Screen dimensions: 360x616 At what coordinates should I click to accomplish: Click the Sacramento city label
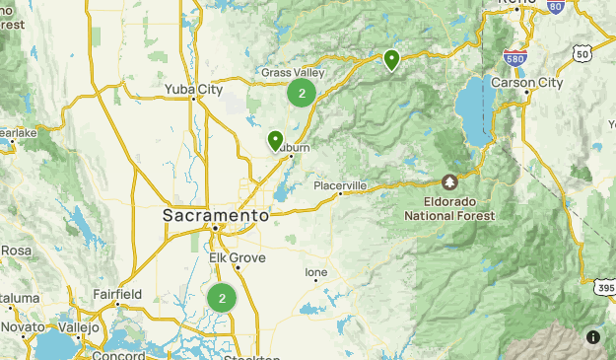(216, 215)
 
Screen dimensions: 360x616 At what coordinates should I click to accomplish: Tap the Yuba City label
(193, 90)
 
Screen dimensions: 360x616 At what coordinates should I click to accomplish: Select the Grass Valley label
(293, 73)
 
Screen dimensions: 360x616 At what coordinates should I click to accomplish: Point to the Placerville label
(340, 185)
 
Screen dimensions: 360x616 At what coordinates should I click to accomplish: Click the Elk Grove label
(232, 257)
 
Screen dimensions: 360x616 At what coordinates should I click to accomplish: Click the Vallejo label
(78, 326)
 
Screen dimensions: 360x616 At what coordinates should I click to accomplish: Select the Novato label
(23, 326)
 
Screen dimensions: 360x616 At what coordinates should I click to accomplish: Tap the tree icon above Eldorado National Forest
(450, 182)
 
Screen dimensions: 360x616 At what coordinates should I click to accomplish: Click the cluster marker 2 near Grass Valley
(302, 94)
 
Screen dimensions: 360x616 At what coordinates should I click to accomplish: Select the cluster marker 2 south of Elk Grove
(222, 298)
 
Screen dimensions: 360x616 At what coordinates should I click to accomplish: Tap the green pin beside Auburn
(275, 141)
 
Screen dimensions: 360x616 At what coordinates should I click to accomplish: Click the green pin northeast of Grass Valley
(391, 60)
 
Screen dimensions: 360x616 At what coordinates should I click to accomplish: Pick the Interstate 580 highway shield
(513, 58)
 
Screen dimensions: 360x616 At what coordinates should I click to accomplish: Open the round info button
(592, 336)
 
